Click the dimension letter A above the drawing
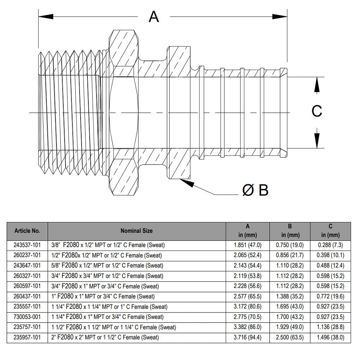[154, 17]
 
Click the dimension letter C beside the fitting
[316, 111]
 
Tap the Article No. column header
[27, 231]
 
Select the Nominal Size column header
[136, 231]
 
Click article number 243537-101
[27, 245]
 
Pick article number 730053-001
[27, 317]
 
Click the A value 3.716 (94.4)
[248, 338]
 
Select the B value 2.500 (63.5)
[290, 338]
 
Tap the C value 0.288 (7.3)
[330, 245]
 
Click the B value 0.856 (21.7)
[290, 256]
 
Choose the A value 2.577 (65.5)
[248, 297]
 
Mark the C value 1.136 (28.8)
[330, 327]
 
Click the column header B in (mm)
[290, 231]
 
